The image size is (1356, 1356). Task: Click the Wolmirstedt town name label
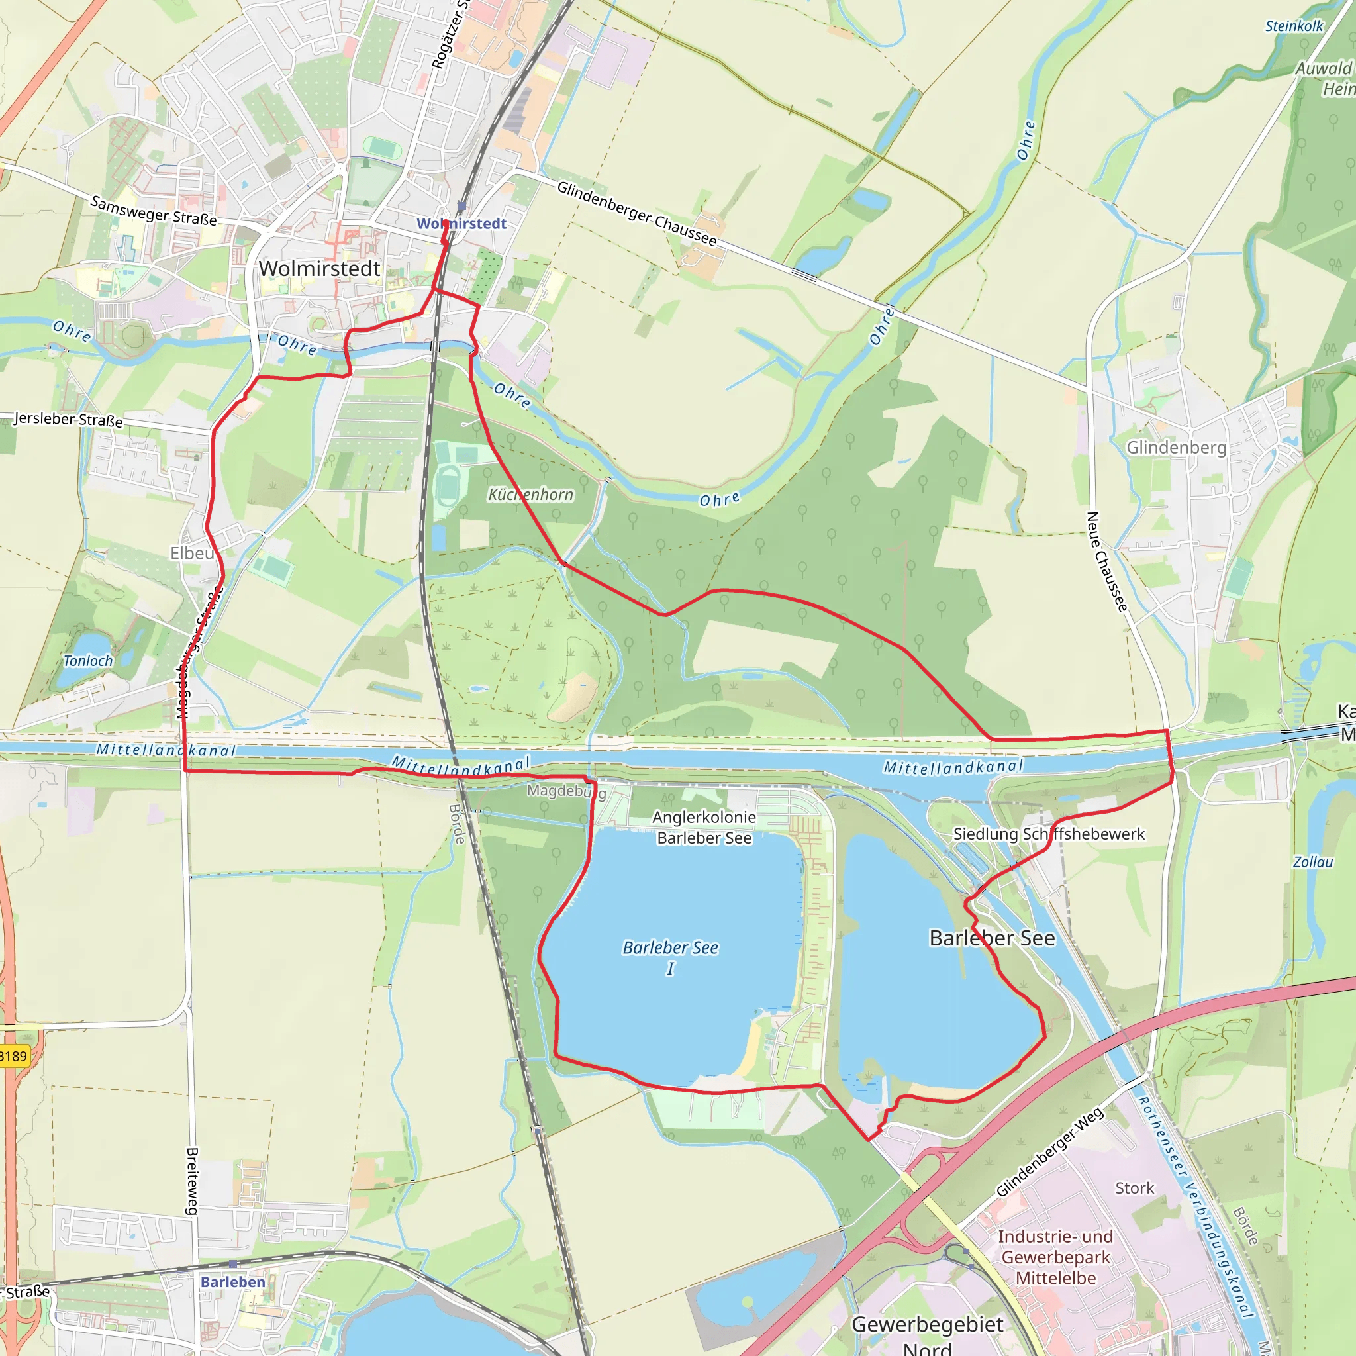(x=319, y=269)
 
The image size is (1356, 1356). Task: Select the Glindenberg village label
(x=1177, y=447)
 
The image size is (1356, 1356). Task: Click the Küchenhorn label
(x=530, y=494)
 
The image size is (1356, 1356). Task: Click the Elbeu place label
(x=191, y=553)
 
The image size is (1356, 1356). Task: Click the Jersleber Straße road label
(x=68, y=419)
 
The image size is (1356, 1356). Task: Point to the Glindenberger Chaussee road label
(x=636, y=213)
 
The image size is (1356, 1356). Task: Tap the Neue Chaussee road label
(x=1106, y=561)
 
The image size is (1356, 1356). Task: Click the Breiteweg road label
(x=191, y=1181)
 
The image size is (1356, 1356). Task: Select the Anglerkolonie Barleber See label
(x=704, y=827)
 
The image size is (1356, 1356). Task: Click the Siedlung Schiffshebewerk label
(x=1049, y=834)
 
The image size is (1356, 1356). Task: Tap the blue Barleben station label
(x=233, y=1282)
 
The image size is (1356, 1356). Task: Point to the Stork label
(x=1134, y=1188)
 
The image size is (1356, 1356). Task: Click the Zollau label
(x=1312, y=862)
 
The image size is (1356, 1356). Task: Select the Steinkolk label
(x=1294, y=26)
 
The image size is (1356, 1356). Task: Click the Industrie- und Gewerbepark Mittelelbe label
(x=1055, y=1257)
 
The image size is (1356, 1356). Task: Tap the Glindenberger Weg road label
(x=1049, y=1152)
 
